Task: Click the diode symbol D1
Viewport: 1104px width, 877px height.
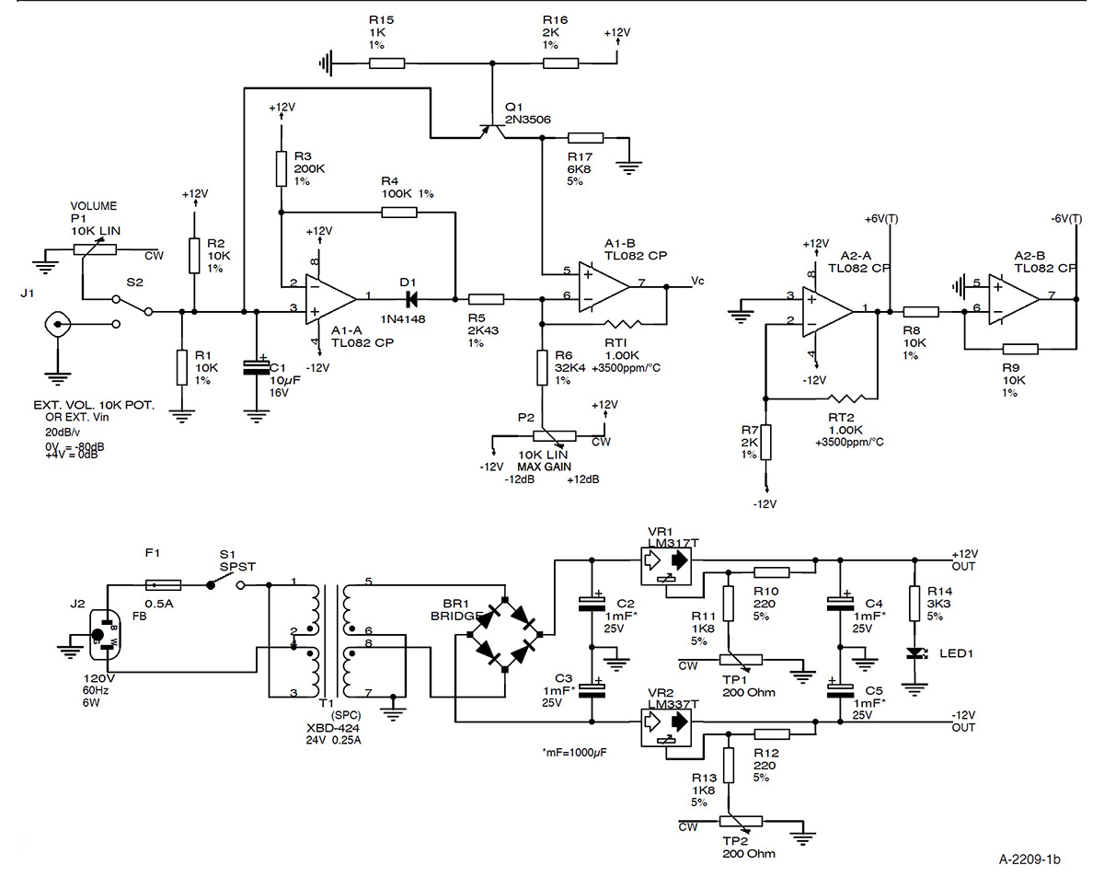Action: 410,299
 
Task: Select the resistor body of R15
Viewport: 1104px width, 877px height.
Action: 386,63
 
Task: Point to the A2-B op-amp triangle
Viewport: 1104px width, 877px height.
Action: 1014,299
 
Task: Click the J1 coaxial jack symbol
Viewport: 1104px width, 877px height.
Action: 57,324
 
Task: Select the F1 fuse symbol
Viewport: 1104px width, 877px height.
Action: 163,585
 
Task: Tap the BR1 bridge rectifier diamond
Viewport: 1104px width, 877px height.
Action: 505,635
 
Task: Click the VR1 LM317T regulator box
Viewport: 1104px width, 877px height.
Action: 666,566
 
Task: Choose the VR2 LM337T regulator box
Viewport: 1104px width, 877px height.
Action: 666,728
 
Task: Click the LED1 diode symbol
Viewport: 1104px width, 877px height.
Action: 914,653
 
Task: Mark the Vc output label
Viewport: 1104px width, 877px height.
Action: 697,281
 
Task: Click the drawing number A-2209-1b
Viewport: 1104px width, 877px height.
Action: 1029,860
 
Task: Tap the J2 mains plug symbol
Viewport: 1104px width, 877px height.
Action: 105,635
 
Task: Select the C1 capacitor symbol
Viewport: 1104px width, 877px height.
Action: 256,366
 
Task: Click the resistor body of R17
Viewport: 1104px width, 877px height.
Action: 585,137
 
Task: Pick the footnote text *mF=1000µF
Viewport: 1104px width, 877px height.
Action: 574,753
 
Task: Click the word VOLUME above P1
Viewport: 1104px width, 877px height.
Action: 93,206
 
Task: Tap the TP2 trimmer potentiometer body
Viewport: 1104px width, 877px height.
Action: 741,822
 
